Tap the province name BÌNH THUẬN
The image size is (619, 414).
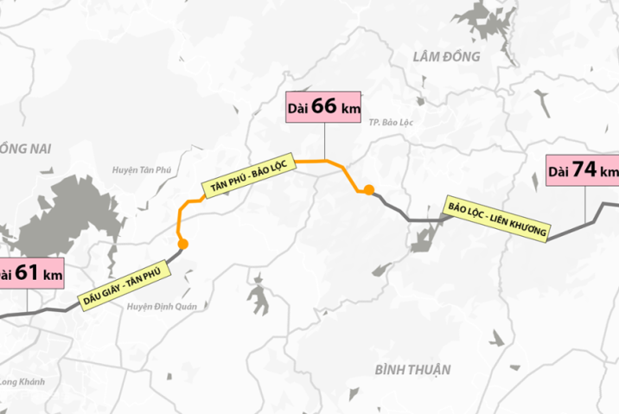click(x=413, y=370)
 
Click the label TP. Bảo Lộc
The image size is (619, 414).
click(x=391, y=124)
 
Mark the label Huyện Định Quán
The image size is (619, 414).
click(x=163, y=306)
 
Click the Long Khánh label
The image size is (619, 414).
click(x=19, y=382)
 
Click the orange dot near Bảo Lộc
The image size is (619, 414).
click(x=369, y=190)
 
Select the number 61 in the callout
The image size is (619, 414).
click(x=27, y=274)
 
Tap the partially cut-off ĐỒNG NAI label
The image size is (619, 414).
click(x=26, y=150)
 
